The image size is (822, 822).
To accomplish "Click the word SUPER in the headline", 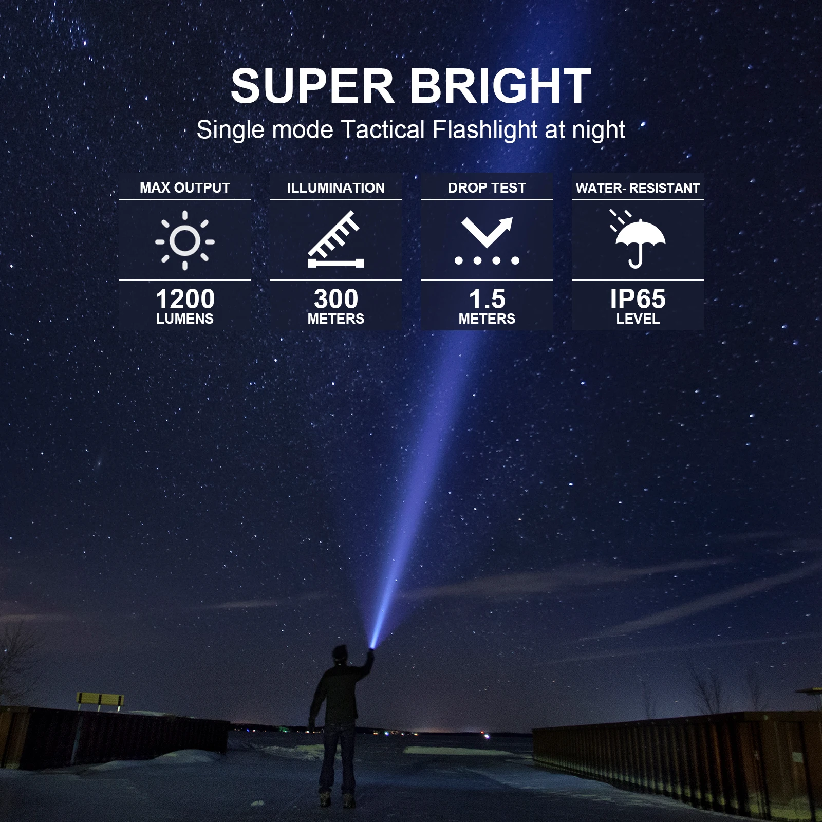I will click(312, 86).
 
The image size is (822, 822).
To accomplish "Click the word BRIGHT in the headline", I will click(500, 86).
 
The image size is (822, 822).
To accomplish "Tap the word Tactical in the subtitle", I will click(383, 130).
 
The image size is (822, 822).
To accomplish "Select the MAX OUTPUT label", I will click(185, 188).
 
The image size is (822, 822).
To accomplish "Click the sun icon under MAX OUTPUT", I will click(185, 240).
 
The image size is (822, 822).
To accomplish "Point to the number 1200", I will click(185, 299).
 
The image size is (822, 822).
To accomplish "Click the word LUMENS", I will click(185, 319).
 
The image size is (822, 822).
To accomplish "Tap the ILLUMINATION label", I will click(335, 188).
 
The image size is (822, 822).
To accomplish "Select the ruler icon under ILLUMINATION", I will click(335, 240).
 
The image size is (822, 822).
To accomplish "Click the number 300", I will click(335, 299).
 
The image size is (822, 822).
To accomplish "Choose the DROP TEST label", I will click(487, 188).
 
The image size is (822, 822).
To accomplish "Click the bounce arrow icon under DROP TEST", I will click(487, 240).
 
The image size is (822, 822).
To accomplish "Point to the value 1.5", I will click(487, 299).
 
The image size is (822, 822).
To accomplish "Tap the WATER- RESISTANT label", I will click(638, 189).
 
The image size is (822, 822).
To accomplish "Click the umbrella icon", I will click(638, 240).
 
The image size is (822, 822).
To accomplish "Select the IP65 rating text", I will click(638, 299).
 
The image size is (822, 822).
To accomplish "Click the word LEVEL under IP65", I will click(638, 319).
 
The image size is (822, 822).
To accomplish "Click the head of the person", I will click(340, 656).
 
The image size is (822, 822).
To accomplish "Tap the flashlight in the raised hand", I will click(370, 651).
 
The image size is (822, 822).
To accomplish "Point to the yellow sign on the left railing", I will click(100, 699).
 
